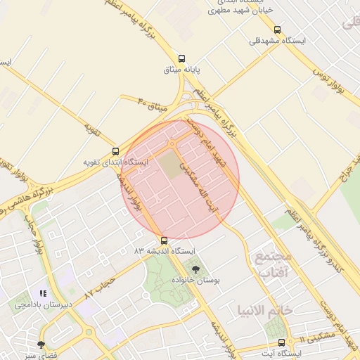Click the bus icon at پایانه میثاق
[183, 59]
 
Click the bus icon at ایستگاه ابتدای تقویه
[115, 151]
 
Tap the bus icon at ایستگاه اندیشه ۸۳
[165, 240]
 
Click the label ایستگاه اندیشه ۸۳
[168, 250]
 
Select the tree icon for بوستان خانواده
[195, 269]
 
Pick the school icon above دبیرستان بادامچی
[43, 294]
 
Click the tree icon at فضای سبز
[41, 344]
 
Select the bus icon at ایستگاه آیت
[282, 342]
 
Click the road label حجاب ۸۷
[98, 285]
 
